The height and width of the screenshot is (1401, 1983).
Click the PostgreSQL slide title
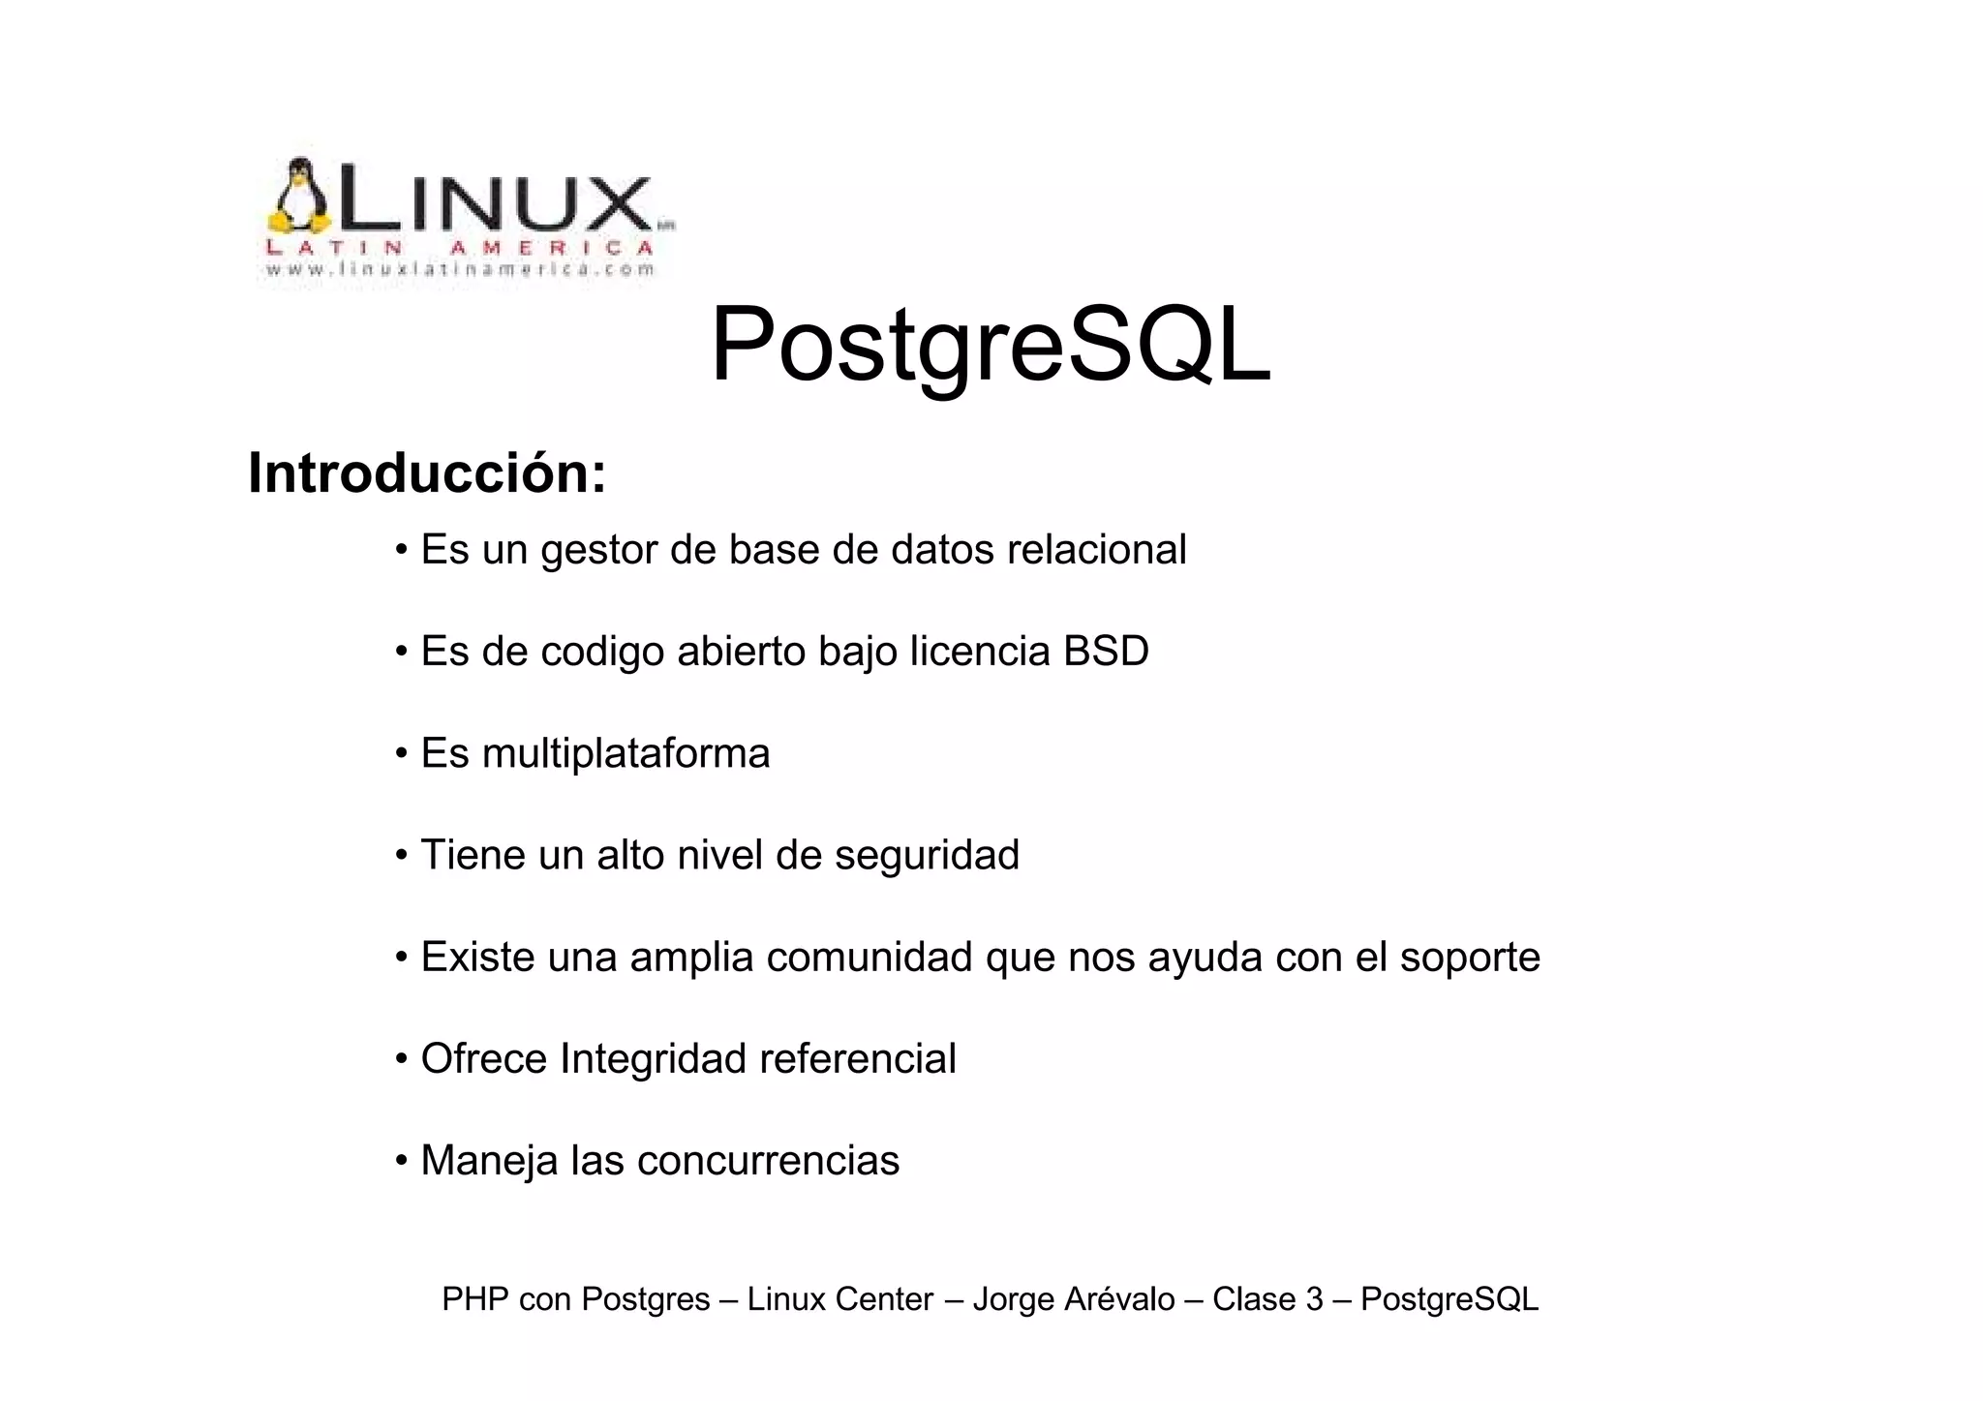(990, 347)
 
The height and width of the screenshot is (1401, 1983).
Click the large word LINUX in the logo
(494, 202)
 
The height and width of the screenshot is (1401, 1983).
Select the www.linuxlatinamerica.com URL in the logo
(461, 270)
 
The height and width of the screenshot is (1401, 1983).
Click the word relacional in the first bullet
(1096, 550)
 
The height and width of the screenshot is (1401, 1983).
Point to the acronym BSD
(1106, 652)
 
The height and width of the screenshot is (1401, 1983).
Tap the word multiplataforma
(625, 753)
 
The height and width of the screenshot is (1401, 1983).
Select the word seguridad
(927, 855)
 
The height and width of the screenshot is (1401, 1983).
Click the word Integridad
(653, 1058)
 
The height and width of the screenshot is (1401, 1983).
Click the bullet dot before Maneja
(401, 1160)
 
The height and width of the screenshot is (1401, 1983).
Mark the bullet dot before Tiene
(401, 855)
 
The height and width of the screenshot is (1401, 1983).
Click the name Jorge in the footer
(1013, 1298)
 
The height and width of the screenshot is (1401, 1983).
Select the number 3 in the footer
(1314, 1298)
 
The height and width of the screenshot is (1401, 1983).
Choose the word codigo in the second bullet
(602, 652)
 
